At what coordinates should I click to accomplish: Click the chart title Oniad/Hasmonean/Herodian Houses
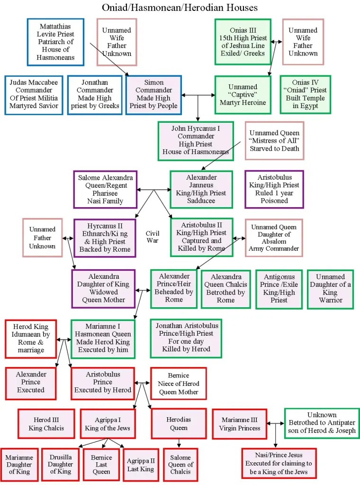pos(180,7)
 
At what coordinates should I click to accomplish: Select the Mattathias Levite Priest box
pos(55,42)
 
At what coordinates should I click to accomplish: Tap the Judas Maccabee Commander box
pos(33,94)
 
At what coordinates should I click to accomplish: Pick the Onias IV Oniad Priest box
pos(306,94)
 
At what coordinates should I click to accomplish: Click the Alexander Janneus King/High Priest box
pos(201,189)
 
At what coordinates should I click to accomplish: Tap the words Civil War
pos(153,237)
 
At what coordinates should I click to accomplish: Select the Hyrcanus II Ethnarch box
pos(105,237)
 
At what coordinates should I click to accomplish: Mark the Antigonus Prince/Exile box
pos(279,289)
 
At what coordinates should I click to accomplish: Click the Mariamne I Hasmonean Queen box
pos(103,339)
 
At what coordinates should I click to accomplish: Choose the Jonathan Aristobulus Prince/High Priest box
pos(186,338)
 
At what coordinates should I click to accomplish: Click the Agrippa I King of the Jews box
pos(108,424)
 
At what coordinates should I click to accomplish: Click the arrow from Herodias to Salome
pos(179,443)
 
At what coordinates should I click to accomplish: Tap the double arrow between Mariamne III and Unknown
pos(276,423)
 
